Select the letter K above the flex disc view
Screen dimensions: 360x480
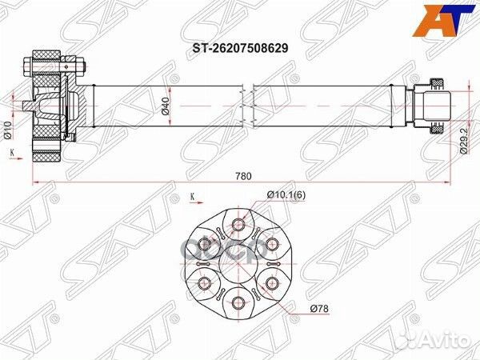193,194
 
